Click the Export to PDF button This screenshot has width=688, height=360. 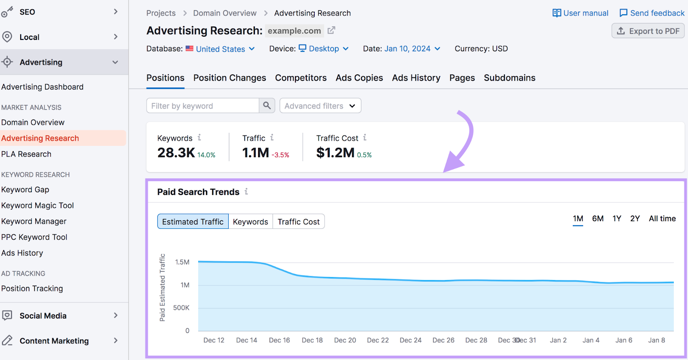(648, 31)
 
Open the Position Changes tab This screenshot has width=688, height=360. (230, 78)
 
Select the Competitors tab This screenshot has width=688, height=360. (301, 78)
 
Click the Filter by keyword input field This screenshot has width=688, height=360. (203, 106)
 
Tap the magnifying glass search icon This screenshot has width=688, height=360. (267, 105)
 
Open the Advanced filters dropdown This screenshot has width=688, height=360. (320, 106)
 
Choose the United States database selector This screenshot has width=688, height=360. (220, 49)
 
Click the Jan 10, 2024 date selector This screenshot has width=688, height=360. (407, 49)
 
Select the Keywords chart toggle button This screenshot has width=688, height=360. (250, 222)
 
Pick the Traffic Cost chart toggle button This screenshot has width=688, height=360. (298, 222)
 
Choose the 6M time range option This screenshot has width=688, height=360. (598, 218)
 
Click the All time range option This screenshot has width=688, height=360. (662, 218)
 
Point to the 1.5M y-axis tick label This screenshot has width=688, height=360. (182, 262)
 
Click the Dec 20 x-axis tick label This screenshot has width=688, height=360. (345, 340)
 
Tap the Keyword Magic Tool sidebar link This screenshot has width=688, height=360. (37, 206)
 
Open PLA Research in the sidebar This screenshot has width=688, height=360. (26, 154)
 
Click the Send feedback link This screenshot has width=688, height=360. (652, 13)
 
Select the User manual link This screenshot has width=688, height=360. (580, 13)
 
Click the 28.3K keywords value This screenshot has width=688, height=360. (176, 153)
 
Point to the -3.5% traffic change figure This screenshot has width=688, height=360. (280, 155)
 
